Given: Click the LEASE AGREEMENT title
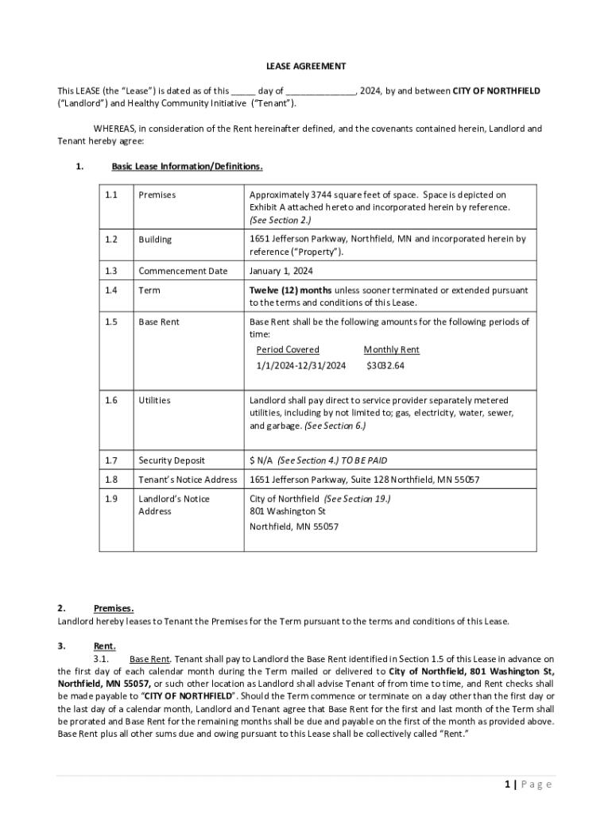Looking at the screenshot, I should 305,66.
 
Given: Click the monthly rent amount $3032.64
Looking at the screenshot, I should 385,366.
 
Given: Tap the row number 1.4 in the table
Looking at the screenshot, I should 111,291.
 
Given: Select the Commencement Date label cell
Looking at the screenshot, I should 183,272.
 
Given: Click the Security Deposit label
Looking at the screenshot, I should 172,460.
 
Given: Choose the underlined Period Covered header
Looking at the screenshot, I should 288,350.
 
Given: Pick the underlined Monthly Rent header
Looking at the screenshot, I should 391,350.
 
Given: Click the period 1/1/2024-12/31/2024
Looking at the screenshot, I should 301,366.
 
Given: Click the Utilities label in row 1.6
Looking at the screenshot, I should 154,401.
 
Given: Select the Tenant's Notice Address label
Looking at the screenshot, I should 188,480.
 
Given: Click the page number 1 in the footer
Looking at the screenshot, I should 506,784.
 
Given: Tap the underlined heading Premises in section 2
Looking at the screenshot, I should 114,609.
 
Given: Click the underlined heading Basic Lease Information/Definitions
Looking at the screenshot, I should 187,167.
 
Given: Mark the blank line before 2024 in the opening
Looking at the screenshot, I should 320,91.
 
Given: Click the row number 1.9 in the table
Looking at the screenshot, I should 111,499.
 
